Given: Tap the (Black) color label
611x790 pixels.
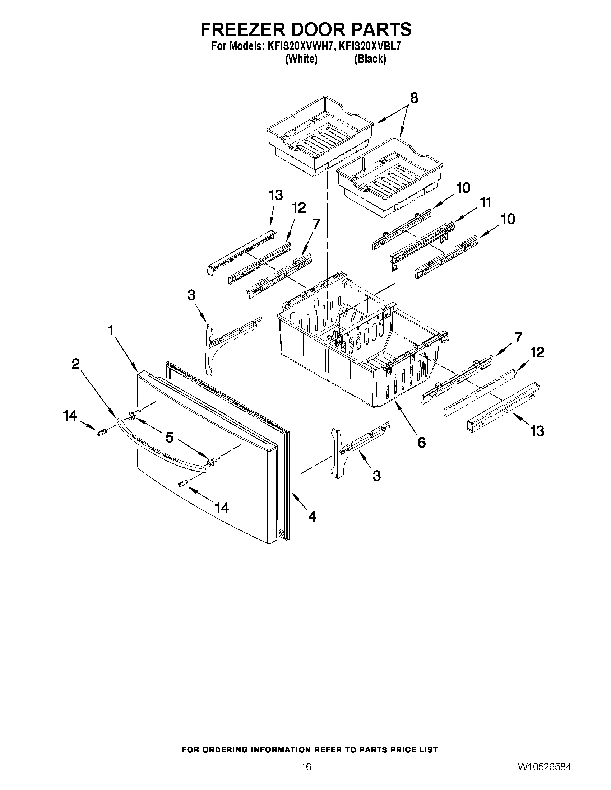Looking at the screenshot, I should pos(370,59).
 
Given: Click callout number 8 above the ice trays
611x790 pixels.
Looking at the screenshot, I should pos(414,98).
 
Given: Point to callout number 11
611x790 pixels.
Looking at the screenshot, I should pos(485,203).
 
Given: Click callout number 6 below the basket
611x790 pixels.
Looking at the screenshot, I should pos(422,442).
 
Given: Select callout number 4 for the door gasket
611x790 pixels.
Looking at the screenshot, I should pos(312,516).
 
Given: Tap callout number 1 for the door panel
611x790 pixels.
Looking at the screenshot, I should pos(110,330).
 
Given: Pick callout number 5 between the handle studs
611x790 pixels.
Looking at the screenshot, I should pos(170,438).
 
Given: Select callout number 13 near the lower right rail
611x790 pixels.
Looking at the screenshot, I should pos(537,431).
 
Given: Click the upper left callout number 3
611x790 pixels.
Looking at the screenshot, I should pos(191,295).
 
